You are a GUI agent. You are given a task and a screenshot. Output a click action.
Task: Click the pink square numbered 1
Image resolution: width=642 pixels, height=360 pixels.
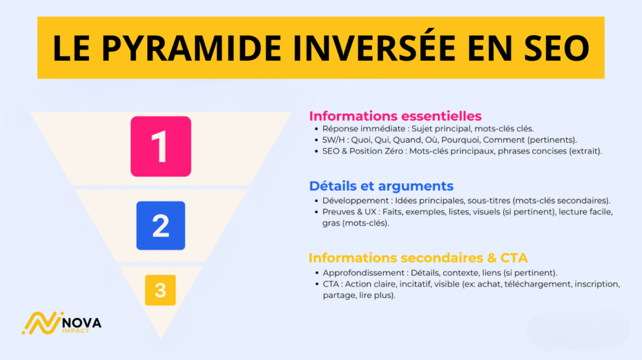coord(160,146)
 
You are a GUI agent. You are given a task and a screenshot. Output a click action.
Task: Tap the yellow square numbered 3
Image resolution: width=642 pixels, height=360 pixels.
coord(160,290)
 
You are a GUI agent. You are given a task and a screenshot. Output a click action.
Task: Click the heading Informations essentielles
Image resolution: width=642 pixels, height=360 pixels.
coord(395,116)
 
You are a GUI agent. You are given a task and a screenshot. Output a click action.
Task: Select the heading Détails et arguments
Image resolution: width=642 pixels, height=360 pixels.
coord(381,186)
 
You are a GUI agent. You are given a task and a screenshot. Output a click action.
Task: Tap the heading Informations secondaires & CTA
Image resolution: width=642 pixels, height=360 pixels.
coord(418,258)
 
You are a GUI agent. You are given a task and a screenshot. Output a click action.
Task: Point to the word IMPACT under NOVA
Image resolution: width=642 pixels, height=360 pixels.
coord(76,331)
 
